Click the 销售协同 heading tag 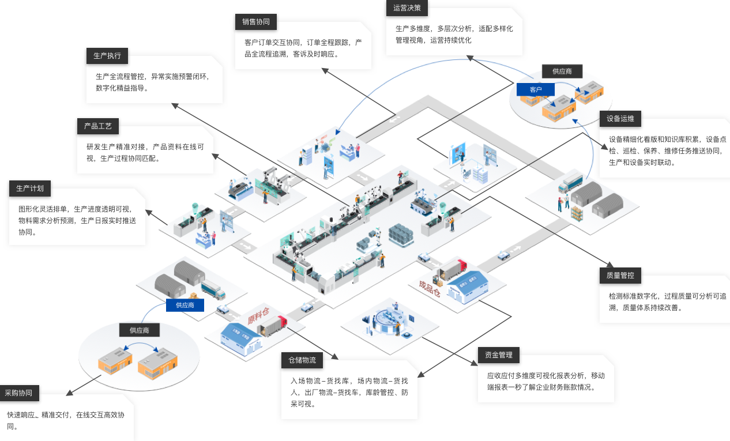click(255, 22)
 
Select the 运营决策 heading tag click(407, 8)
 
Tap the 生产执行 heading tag click(107, 56)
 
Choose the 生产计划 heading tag click(30, 189)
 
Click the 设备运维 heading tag click(620, 119)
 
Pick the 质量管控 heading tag click(620, 276)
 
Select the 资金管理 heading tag click(499, 355)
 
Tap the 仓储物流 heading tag click(302, 360)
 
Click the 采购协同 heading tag click(19, 393)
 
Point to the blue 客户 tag click(536, 89)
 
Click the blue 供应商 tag click(185, 305)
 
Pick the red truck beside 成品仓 click(454, 269)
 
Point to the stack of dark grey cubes click(401, 233)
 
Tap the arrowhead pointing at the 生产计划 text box click(149, 212)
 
